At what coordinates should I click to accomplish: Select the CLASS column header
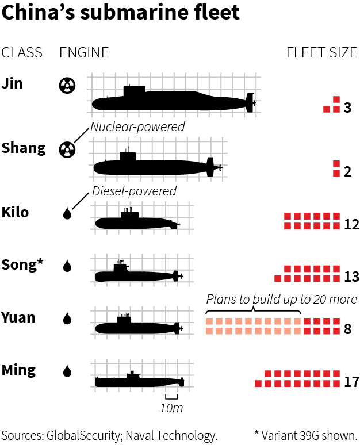pos(22,53)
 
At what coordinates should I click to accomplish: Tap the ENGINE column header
pos(84,53)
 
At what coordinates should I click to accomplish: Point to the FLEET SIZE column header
pos(321,53)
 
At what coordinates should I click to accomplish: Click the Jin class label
pos(12,83)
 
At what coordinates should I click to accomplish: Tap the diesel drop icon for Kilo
pos(67,214)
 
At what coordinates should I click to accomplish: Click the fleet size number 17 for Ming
pos(351,382)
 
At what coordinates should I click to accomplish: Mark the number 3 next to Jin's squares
pos(347,108)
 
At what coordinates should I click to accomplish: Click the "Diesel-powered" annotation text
pos(134,191)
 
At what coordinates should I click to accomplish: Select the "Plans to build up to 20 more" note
pos(281,300)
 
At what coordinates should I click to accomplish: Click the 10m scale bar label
pos(171,408)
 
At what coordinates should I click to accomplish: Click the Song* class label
pos(22,264)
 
